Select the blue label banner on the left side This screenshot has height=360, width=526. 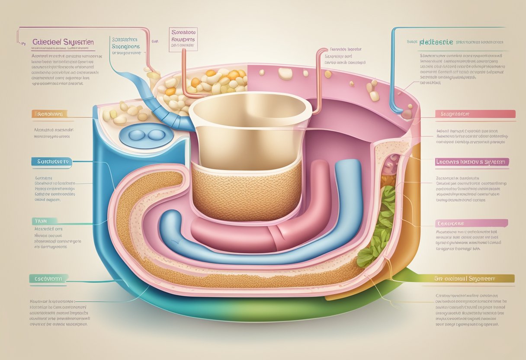[x=50, y=161]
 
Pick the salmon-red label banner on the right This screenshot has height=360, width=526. [x=475, y=114]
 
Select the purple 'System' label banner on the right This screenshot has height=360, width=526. [x=471, y=162]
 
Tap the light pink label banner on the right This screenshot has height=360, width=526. [x=471, y=223]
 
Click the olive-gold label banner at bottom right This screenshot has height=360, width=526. [x=474, y=278]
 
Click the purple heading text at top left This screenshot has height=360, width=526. [x=63, y=42]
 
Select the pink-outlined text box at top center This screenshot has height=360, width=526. [x=183, y=40]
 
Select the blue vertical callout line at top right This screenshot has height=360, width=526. [x=393, y=65]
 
